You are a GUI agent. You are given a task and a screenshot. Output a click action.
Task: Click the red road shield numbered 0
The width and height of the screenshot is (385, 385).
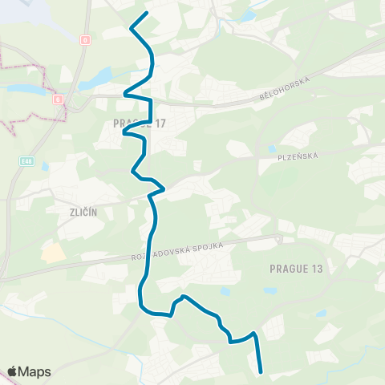(86, 39)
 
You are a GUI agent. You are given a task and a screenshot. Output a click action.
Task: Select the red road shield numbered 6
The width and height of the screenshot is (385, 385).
(59, 99)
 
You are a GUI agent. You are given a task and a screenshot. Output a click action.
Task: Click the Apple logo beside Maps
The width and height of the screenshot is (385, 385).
(14, 371)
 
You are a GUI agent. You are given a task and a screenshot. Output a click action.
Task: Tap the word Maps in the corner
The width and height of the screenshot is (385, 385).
(35, 371)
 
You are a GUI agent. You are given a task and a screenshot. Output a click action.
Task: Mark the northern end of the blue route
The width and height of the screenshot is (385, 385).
(146, 14)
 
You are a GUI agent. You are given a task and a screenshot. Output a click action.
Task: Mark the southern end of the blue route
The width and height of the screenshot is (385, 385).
(261, 371)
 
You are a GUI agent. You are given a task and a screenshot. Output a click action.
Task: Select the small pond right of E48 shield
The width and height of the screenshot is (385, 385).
(45, 167)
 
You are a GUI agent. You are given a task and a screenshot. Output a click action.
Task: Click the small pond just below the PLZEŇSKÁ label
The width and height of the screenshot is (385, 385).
(273, 148)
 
